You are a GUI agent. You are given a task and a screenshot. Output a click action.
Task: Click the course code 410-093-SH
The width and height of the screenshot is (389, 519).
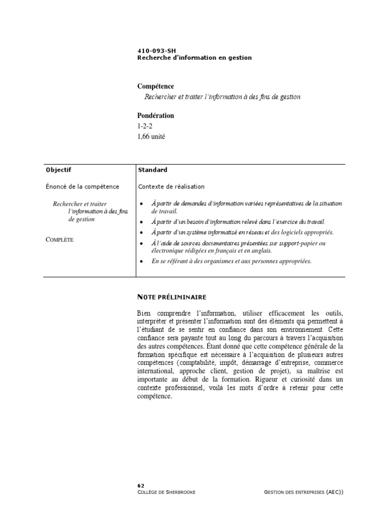coord(156,51)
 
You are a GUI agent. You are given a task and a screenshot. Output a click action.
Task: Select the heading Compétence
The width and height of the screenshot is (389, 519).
coord(155,87)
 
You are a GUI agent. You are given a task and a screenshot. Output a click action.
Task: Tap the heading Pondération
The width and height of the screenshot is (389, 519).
coord(155,116)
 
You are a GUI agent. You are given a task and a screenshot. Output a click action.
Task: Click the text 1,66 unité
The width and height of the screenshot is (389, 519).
coord(151,136)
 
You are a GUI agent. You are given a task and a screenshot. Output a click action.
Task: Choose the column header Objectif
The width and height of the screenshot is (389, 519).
coord(58,170)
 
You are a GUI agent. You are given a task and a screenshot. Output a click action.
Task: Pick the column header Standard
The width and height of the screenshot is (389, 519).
coord(152,170)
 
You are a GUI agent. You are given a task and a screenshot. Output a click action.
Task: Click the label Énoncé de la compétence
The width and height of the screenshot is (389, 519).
coord(82,187)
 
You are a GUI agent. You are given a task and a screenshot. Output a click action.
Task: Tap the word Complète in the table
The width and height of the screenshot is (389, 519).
coord(59,240)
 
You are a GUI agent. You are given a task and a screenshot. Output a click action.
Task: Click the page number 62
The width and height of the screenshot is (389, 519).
coord(141,486)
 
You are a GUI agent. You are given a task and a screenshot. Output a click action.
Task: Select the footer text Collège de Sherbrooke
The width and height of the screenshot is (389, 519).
coord(166,492)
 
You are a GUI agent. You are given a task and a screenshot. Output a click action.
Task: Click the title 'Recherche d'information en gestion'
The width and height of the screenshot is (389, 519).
coord(194,58)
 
